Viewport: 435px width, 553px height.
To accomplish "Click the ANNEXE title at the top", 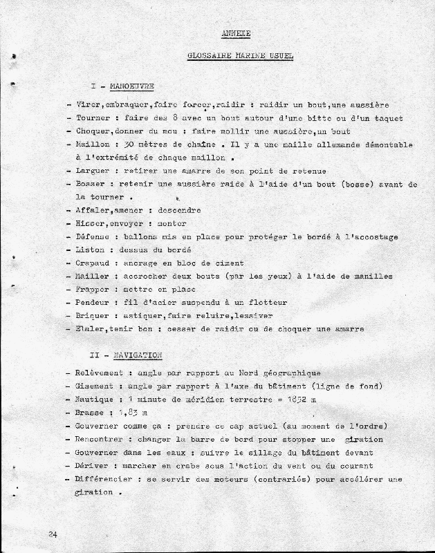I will coord(236,34).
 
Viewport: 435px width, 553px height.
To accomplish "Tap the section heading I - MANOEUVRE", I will coord(121,86).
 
